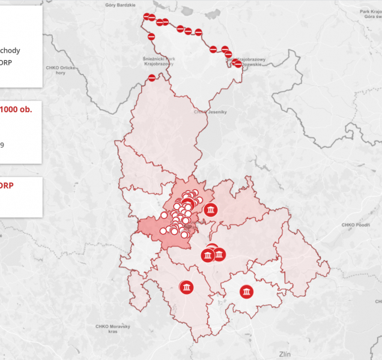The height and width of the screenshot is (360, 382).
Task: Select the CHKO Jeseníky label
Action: tap(208, 111)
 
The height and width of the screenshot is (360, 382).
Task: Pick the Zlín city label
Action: tap(285, 353)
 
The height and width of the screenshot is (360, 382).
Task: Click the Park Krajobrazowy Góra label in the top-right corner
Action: tap(367, 14)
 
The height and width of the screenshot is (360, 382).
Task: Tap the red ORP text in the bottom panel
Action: tap(6, 185)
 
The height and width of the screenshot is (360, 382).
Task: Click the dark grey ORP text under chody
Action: tap(6, 62)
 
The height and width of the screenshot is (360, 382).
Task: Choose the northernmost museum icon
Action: tap(210, 210)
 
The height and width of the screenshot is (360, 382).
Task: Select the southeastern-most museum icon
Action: tap(246, 292)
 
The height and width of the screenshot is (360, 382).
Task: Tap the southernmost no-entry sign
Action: tap(153, 77)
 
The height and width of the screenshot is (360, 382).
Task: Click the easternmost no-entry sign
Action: tap(238, 64)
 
